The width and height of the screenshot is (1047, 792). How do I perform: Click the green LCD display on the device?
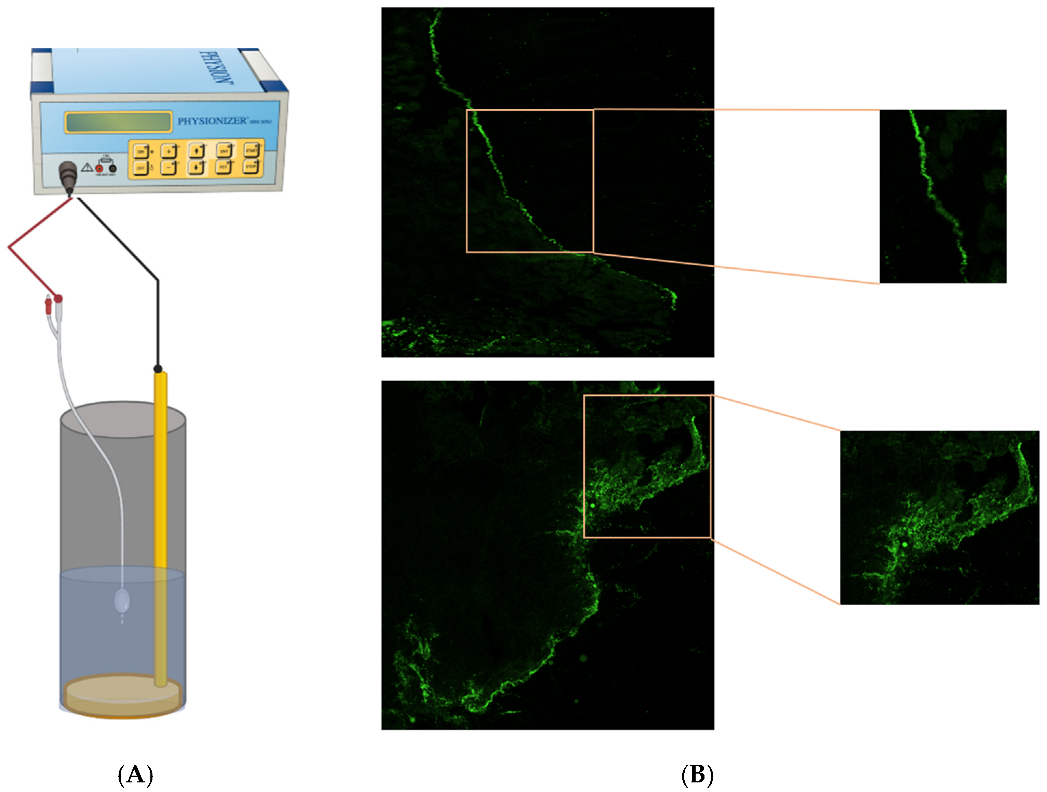click(x=118, y=122)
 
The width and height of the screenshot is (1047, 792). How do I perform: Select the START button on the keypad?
click(x=251, y=150)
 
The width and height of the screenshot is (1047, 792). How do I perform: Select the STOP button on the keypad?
click(x=251, y=166)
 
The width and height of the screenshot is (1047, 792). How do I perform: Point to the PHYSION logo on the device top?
click(x=219, y=68)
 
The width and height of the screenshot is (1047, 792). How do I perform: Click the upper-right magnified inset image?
click(x=943, y=197)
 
